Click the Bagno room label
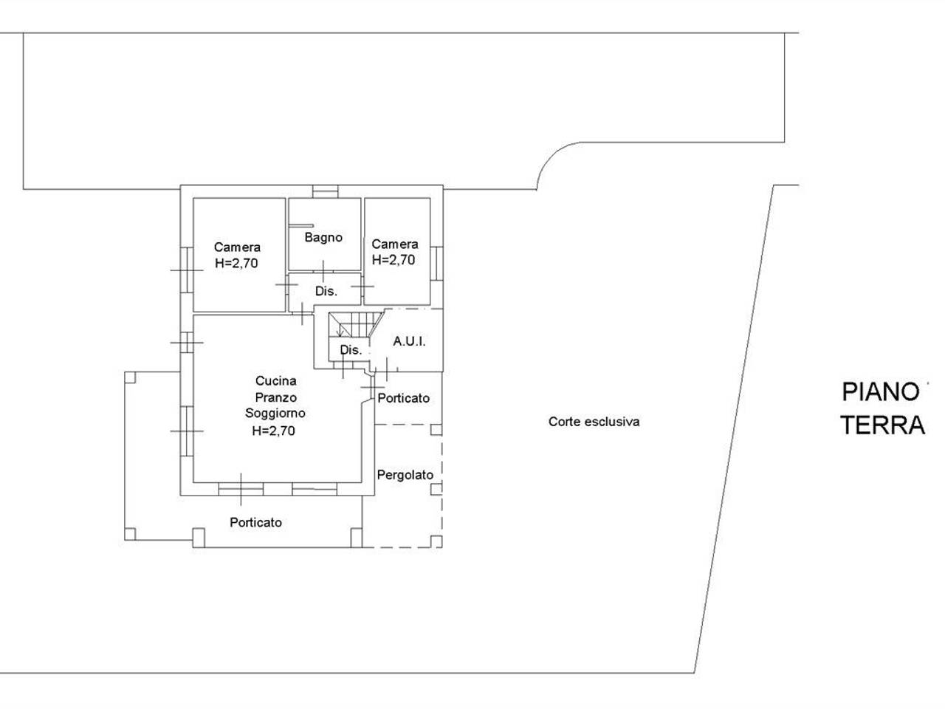pyautogui.click(x=323, y=238)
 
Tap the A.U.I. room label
pyautogui.click(x=409, y=341)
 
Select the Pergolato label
pyautogui.click(x=405, y=475)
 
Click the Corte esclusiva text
pyautogui.click(x=594, y=422)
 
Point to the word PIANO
pyautogui.click(x=881, y=392)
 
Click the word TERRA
pyautogui.click(x=882, y=425)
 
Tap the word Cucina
pyautogui.click(x=275, y=381)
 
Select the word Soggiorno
pyautogui.click(x=275, y=414)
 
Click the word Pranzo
pyautogui.click(x=275, y=397)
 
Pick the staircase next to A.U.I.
pyautogui.click(x=356, y=325)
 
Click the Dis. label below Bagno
pyautogui.click(x=326, y=292)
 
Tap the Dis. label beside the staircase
pyautogui.click(x=351, y=349)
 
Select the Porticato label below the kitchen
pyautogui.click(x=255, y=522)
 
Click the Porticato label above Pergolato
pyautogui.click(x=403, y=398)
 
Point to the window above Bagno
pyautogui.click(x=325, y=191)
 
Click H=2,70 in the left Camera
pyautogui.click(x=236, y=263)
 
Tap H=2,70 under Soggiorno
pyautogui.click(x=273, y=431)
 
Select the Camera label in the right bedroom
pyautogui.click(x=395, y=244)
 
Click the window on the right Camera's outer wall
pyautogui.click(x=436, y=264)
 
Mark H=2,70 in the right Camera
pyautogui.click(x=394, y=260)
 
